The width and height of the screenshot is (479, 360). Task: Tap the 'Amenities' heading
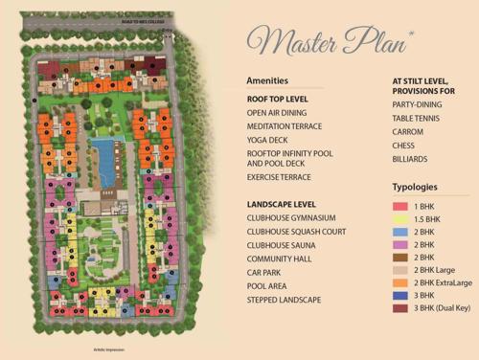(266, 81)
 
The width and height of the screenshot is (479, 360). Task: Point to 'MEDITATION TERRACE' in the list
(284, 125)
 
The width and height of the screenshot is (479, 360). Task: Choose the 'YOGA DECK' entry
(265, 140)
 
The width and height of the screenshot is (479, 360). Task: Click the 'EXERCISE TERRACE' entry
(278, 177)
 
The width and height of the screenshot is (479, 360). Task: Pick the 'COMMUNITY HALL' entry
(276, 259)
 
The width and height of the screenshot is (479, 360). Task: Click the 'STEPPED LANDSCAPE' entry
(283, 300)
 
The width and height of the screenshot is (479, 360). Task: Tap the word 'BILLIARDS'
(410, 159)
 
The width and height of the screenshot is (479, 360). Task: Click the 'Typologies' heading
(415, 187)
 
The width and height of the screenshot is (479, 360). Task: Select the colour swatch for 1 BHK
(400, 206)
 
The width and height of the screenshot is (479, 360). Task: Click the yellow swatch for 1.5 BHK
(400, 218)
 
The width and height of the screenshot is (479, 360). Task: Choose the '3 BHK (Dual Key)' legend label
(447, 307)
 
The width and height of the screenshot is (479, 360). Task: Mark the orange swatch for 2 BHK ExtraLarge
(400, 281)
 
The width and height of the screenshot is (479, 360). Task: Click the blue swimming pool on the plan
(102, 158)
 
